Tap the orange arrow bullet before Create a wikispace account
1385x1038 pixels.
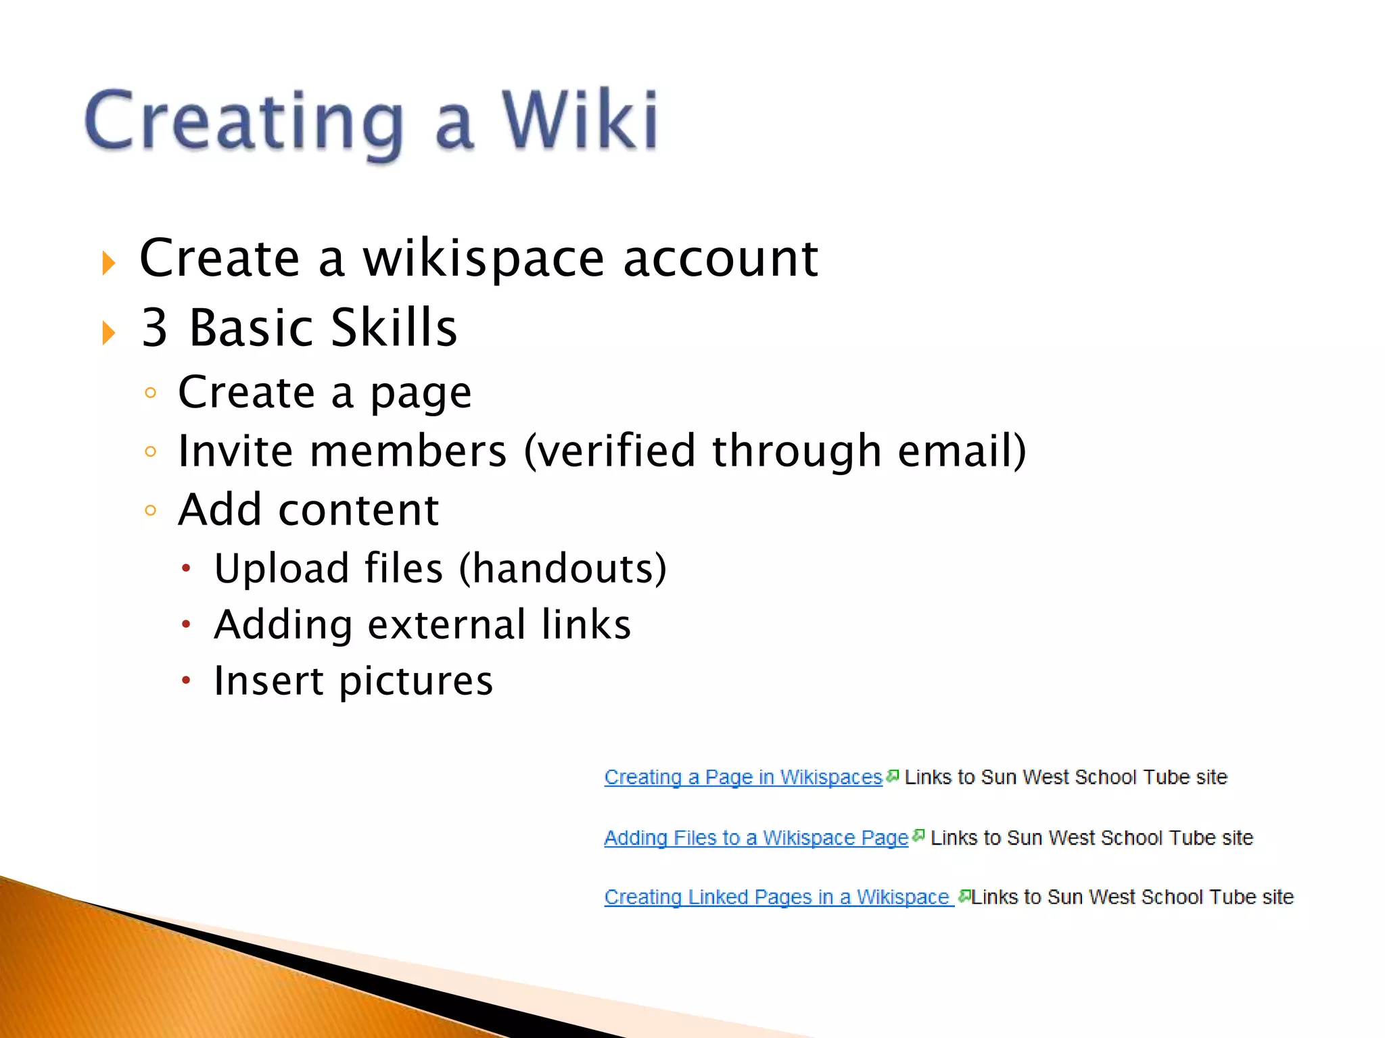coord(109,263)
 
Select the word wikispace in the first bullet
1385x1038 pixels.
coord(483,259)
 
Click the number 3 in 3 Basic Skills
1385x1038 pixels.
coord(154,328)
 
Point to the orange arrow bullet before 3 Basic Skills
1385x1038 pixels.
coord(109,332)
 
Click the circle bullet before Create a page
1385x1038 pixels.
coord(150,393)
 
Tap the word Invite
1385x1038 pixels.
coord(235,451)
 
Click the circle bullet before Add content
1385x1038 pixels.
coord(150,510)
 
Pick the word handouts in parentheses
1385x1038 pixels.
coord(563,568)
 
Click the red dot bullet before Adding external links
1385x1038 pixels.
coord(186,625)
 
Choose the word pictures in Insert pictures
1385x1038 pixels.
coord(416,681)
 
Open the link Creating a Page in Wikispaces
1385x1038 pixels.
coord(743,777)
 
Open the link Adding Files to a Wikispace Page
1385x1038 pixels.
coord(755,838)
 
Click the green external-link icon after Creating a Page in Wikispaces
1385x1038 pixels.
coord(893,776)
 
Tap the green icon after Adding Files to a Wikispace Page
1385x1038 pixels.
coord(918,836)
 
